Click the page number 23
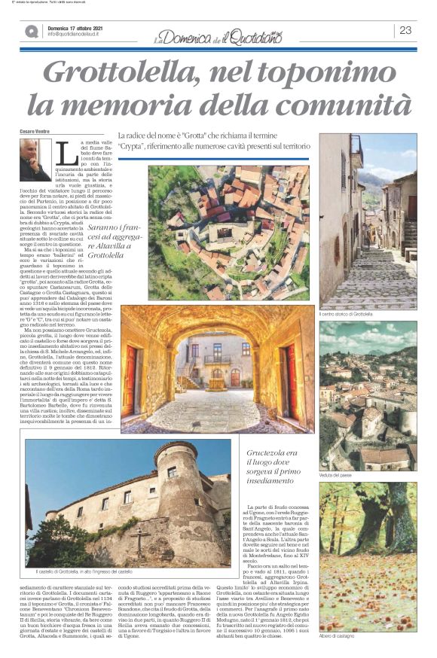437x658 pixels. (405, 30)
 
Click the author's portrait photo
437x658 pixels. (34, 160)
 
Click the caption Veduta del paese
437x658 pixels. (336, 475)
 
